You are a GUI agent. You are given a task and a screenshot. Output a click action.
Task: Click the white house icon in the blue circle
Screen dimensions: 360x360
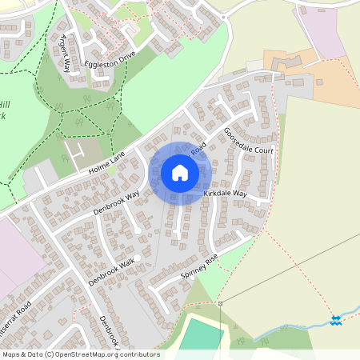click(180, 172)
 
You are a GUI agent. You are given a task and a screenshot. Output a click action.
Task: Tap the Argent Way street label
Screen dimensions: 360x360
click(64, 53)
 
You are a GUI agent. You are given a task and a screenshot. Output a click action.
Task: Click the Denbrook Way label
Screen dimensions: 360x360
click(116, 202)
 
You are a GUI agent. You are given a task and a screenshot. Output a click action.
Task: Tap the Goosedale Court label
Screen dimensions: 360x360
click(249, 142)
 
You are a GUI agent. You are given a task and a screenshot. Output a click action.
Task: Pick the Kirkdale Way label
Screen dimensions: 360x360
click(225, 194)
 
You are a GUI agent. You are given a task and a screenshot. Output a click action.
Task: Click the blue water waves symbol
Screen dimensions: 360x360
click(337, 320)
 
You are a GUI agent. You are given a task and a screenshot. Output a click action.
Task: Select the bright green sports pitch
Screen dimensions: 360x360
click(200, 336)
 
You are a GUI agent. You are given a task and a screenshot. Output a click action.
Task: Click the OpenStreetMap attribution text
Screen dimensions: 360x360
click(80, 354)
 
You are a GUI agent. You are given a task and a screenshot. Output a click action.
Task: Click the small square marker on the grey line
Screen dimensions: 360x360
click(219, 304)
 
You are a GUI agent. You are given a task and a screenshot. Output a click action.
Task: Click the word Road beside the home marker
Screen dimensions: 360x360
click(199, 148)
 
